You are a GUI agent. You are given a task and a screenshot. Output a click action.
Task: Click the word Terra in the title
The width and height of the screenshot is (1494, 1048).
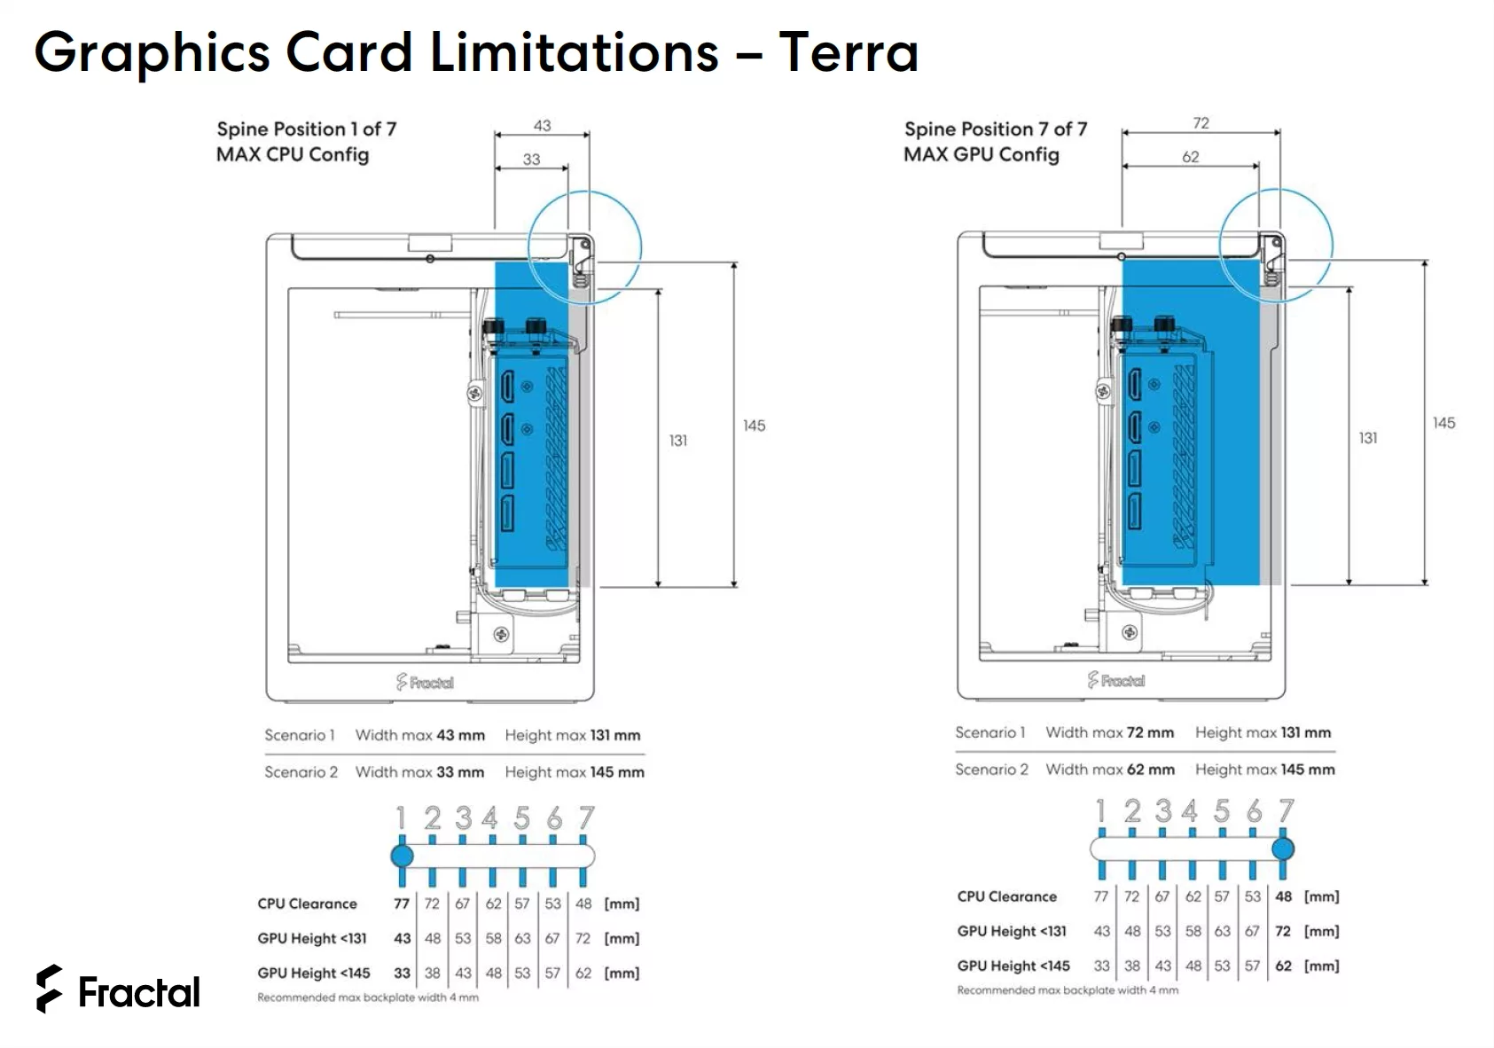(x=848, y=52)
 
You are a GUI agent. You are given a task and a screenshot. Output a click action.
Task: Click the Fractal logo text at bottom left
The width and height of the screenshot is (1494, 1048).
(x=138, y=992)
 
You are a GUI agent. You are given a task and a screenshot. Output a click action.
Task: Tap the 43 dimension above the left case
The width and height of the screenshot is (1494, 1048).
(x=542, y=126)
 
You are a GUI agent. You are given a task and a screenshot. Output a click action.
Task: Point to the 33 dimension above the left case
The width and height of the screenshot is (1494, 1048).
(x=531, y=160)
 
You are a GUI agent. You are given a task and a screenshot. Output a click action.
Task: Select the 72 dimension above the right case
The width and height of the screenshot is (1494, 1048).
(x=1201, y=123)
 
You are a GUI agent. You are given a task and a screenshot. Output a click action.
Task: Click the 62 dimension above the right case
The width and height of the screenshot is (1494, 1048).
(x=1190, y=157)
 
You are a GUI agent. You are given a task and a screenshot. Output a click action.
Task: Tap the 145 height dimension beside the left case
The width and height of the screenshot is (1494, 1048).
(x=754, y=426)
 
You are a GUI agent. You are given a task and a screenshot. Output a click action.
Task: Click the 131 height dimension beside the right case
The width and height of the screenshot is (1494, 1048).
(x=1368, y=438)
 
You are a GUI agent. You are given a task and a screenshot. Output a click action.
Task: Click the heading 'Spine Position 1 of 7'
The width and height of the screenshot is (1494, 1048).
(x=306, y=129)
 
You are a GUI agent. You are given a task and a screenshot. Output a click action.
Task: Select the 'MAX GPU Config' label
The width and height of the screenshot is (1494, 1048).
(x=981, y=154)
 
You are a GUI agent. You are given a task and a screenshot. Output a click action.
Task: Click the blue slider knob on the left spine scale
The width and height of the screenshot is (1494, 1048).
(x=402, y=856)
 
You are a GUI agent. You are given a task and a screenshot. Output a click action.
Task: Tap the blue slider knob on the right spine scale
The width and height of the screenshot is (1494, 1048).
(x=1282, y=849)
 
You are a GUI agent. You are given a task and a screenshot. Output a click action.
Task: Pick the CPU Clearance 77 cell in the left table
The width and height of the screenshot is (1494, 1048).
(x=402, y=903)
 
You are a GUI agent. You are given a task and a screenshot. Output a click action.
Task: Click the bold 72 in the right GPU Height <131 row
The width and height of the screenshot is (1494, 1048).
(x=1282, y=931)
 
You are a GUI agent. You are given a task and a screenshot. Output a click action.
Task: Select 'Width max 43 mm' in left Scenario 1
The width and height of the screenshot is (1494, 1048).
(x=419, y=735)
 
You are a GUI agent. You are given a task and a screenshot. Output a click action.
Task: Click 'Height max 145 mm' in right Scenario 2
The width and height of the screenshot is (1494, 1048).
(x=1264, y=770)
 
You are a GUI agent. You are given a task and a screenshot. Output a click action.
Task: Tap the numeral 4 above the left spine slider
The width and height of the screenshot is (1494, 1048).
(x=489, y=817)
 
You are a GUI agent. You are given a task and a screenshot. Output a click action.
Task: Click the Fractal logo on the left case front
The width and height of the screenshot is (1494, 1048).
(x=425, y=682)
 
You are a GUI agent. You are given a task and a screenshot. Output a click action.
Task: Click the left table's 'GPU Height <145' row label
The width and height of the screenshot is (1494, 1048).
(x=313, y=973)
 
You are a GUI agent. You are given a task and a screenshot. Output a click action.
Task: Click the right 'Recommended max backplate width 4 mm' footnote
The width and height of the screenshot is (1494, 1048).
(x=1068, y=990)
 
